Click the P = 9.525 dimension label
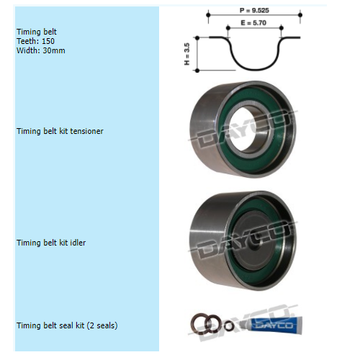254,10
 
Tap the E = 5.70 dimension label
253,23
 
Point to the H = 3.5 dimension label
187,54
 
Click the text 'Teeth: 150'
35,41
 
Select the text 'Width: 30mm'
41,50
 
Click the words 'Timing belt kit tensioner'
60,131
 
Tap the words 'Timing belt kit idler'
51,243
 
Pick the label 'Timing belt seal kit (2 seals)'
67,325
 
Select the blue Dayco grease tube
271,325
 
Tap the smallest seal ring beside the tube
229,325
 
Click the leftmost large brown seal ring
199,323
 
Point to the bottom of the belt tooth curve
255,69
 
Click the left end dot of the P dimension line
208,15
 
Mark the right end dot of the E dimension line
282,28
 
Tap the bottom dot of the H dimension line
197,71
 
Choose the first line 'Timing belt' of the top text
37,32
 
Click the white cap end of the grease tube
243,324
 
